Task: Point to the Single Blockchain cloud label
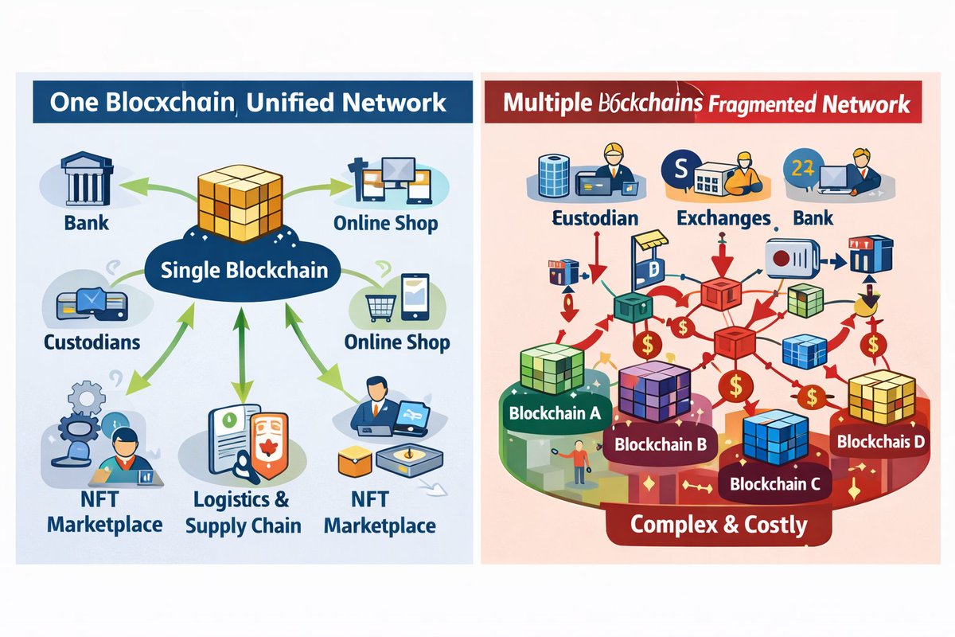(x=244, y=269)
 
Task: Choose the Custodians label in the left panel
(x=92, y=342)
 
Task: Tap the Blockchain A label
(x=554, y=413)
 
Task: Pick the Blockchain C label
(x=769, y=483)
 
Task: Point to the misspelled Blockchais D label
(x=880, y=441)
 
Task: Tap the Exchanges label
(x=723, y=217)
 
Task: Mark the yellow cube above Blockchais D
(x=876, y=395)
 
